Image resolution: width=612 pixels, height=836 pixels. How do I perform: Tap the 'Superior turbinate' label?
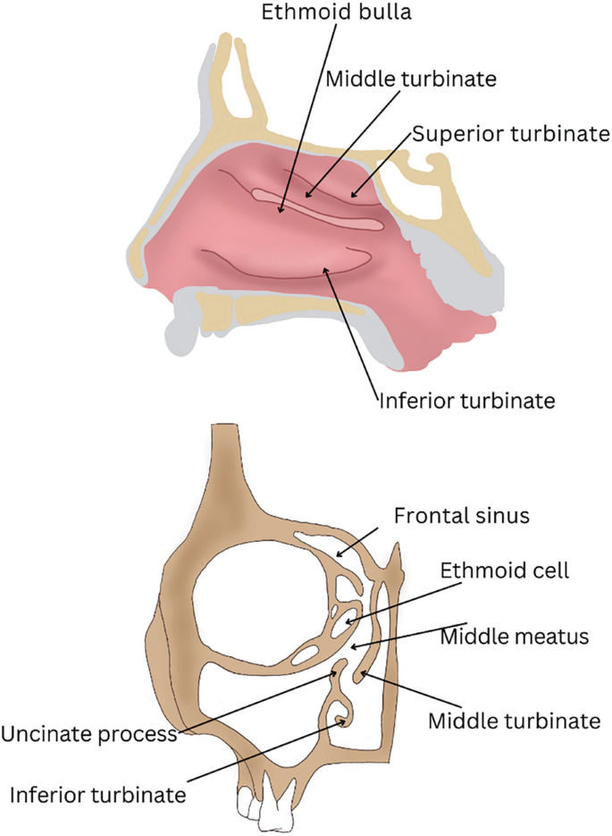pos(510,134)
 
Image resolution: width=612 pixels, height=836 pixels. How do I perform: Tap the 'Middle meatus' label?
pos(515,638)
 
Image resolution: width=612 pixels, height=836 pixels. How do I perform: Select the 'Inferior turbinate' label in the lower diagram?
pos(96,793)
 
